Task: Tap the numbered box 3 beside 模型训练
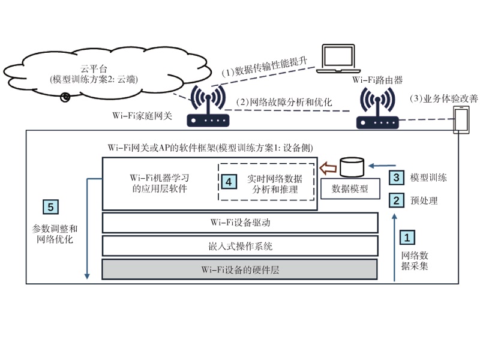coord(395,178)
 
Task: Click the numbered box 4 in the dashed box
coord(228,180)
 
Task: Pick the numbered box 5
coord(52,207)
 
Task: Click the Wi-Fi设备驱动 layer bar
coord(241,223)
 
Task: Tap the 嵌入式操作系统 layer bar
coord(241,245)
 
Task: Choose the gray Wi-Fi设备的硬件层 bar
coord(241,269)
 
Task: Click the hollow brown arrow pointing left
coord(328,166)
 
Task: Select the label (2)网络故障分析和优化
coord(283,103)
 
